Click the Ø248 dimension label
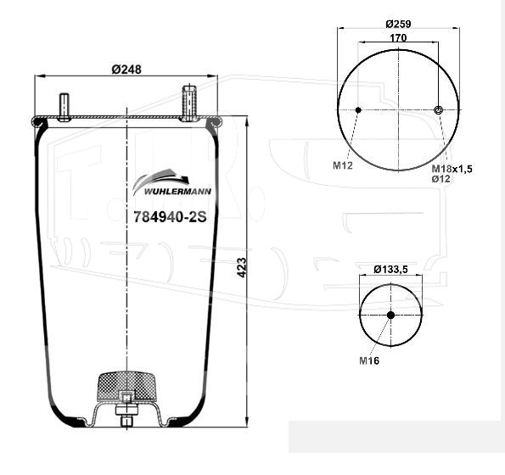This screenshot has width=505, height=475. (x=126, y=70)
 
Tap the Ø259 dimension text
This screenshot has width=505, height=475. (x=398, y=24)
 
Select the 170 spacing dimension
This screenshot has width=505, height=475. (x=398, y=38)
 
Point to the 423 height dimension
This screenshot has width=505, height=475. (x=241, y=267)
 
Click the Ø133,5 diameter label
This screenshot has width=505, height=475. (x=390, y=269)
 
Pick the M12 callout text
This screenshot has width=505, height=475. (x=343, y=165)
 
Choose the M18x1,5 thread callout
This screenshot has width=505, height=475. (x=452, y=168)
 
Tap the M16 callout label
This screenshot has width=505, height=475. (x=369, y=360)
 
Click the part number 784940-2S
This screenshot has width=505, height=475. (x=170, y=217)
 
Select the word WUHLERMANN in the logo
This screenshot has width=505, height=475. (x=177, y=192)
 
